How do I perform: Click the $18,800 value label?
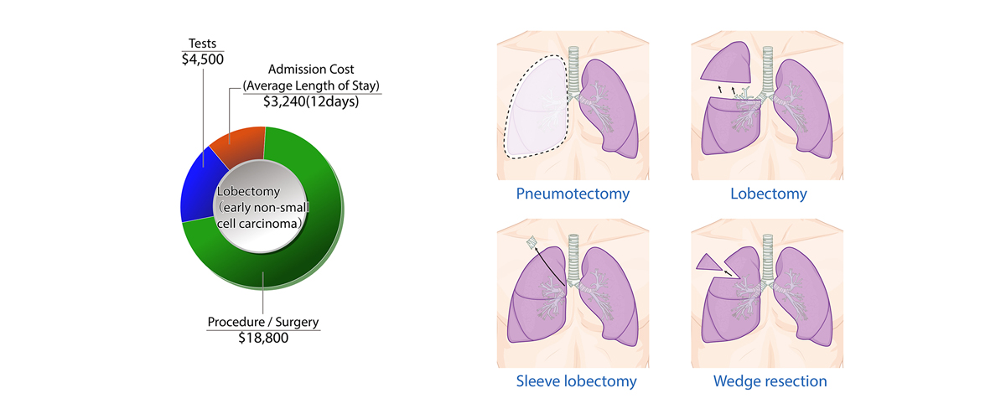(263, 337)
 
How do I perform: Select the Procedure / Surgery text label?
(263, 321)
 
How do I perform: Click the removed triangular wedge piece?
(709, 265)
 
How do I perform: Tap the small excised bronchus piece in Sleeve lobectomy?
(531, 244)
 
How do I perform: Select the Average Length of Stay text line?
(311, 85)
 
